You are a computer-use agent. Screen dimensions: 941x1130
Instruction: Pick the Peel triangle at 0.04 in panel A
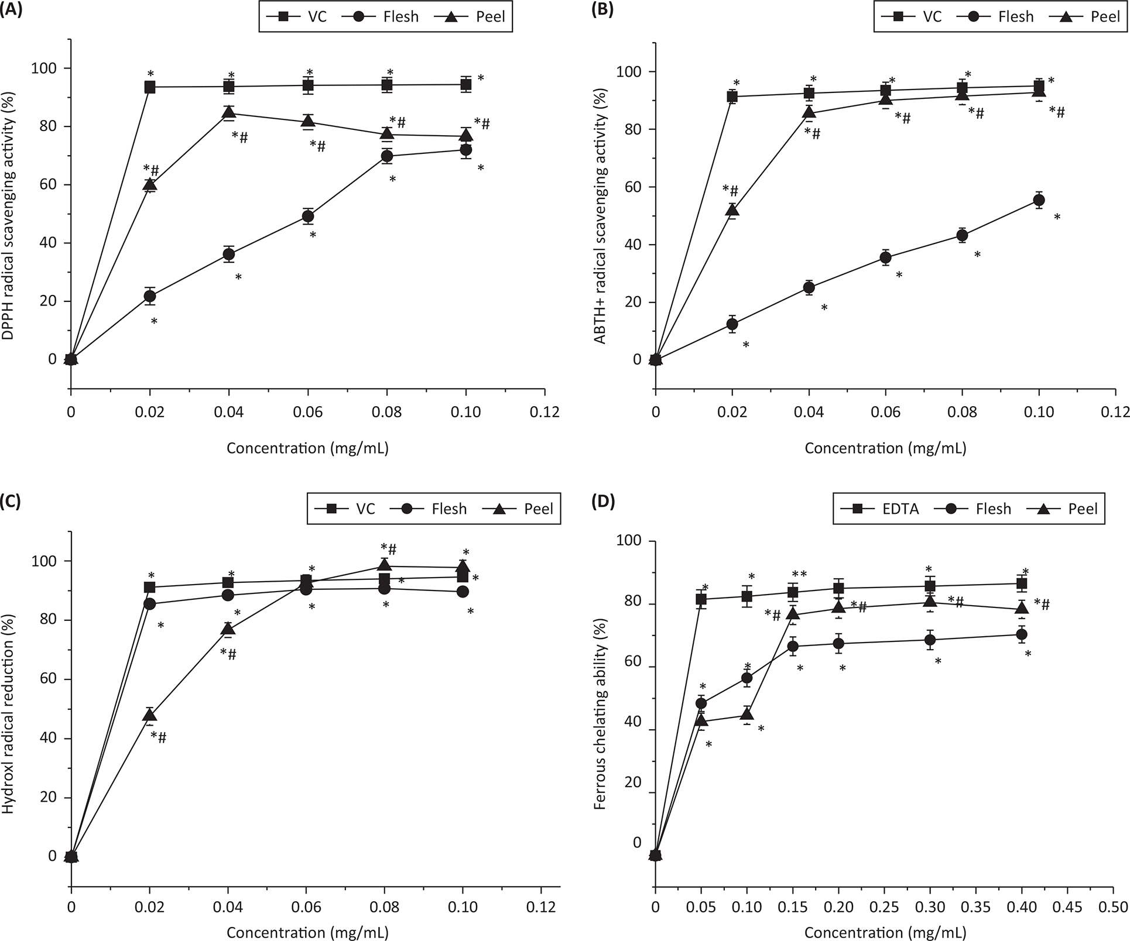pyautogui.click(x=229, y=112)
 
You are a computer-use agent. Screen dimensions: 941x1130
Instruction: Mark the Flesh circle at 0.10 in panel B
pyautogui.click(x=1039, y=200)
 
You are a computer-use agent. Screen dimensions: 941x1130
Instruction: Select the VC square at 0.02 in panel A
pyautogui.click(x=150, y=87)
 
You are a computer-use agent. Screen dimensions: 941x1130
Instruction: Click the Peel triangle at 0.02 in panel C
pyautogui.click(x=150, y=715)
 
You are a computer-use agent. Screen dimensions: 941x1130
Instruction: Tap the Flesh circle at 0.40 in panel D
pyautogui.click(x=1022, y=634)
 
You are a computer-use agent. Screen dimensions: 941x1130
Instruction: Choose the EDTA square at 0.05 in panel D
pyautogui.click(x=701, y=599)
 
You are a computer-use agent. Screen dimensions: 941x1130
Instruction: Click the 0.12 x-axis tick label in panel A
pyautogui.click(x=545, y=412)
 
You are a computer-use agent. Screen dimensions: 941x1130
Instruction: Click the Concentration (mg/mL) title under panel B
pyautogui.click(x=885, y=448)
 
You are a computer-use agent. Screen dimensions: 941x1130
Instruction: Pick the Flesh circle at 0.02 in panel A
pyautogui.click(x=150, y=296)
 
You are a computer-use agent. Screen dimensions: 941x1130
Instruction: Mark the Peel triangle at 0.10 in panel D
pyautogui.click(x=747, y=713)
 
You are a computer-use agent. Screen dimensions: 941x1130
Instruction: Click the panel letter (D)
pyautogui.click(x=603, y=502)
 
